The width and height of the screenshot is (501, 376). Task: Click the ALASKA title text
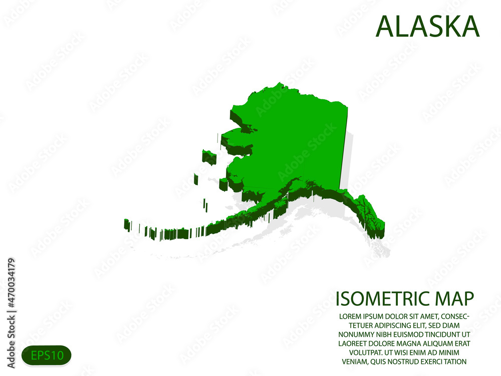click(427, 27)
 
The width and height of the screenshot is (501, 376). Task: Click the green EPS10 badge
click(47, 355)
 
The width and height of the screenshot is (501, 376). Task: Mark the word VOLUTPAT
click(359, 352)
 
